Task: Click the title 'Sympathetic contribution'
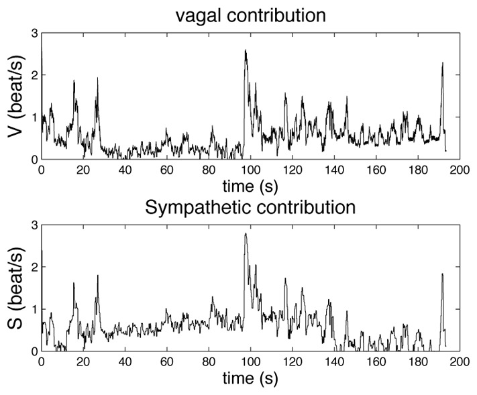point(250,207)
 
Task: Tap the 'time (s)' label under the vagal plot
point(250,182)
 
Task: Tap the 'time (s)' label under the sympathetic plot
point(250,378)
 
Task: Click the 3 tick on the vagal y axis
point(34,33)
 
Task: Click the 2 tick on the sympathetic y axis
point(34,267)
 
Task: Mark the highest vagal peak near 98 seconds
point(246,50)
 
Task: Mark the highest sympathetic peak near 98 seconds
point(246,233)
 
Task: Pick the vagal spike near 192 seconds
point(443,63)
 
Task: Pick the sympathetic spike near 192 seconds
point(442,274)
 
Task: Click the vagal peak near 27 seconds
point(97,78)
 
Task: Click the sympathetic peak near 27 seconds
point(97,276)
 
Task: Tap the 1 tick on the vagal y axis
point(34,117)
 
